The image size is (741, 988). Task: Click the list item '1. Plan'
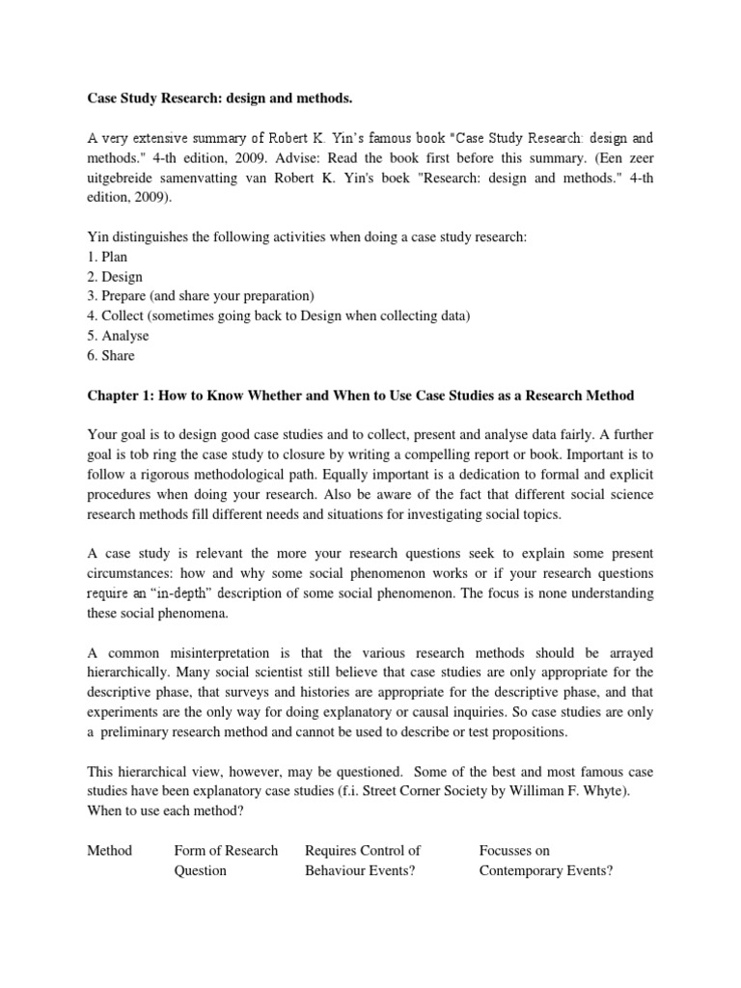tap(107, 258)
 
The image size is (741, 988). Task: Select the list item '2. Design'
tap(115, 277)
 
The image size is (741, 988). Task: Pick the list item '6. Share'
tap(111, 355)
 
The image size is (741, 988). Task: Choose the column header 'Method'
tap(109, 850)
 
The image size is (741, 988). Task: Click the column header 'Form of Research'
tap(225, 850)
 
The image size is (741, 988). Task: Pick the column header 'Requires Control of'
tap(362, 850)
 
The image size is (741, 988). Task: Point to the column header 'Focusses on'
tap(514, 850)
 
